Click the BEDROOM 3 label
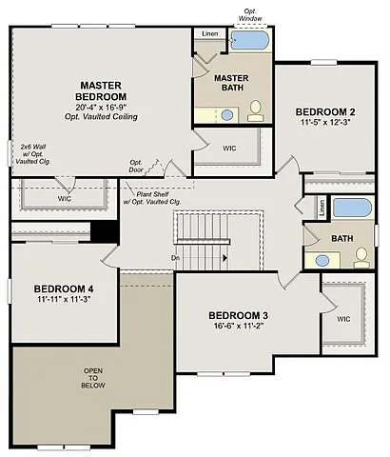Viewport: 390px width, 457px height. [x=238, y=316]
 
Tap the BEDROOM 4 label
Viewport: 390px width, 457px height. [x=64, y=288]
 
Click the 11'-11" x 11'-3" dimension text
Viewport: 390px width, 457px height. [x=64, y=300]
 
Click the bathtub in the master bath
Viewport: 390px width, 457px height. [x=250, y=41]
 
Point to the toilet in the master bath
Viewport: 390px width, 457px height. [x=255, y=113]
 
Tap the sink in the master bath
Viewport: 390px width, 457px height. [x=227, y=114]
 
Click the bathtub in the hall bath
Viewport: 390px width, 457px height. [x=351, y=207]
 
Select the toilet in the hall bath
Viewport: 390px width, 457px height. [x=361, y=257]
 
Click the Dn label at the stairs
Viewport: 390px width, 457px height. [x=176, y=257]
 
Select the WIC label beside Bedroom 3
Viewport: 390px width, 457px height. [x=341, y=320]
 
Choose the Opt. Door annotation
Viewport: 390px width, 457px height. [x=136, y=166]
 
